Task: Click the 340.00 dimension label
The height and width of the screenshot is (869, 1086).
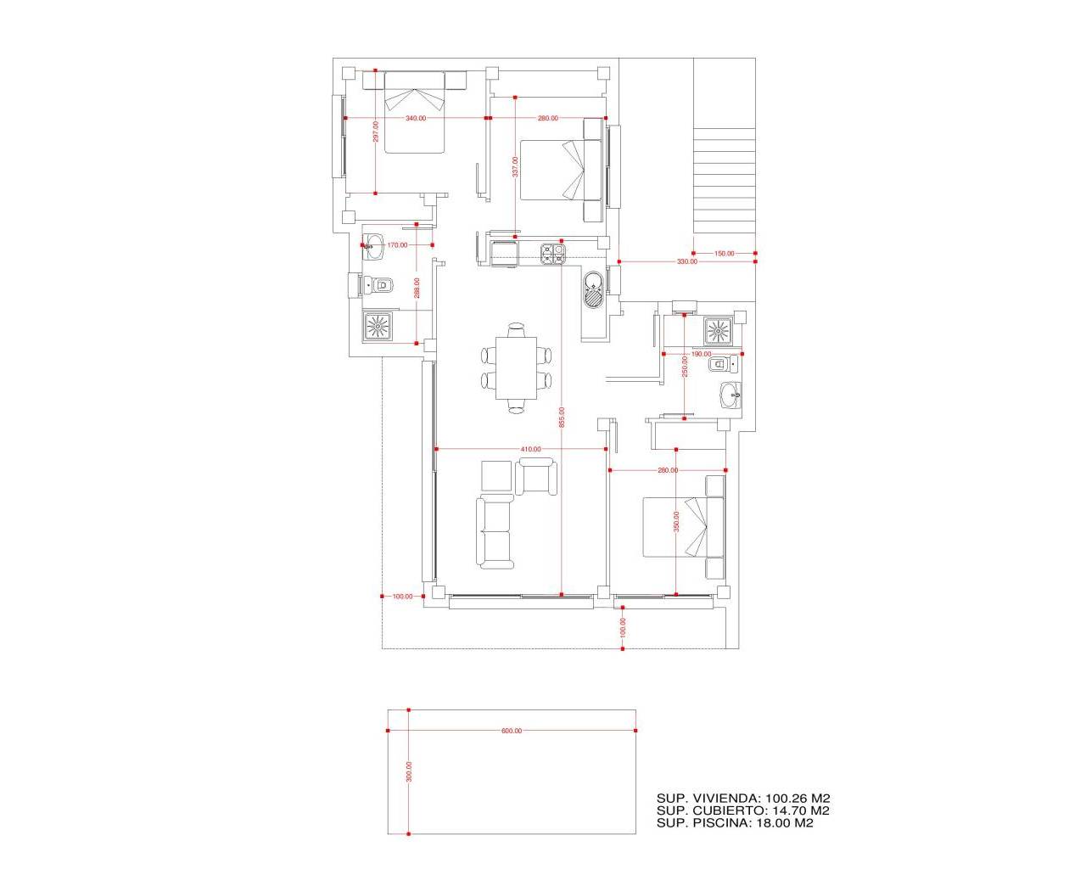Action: click(x=416, y=119)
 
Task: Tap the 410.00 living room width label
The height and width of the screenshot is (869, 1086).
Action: click(x=531, y=449)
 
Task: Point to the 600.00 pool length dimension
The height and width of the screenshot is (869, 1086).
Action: click(x=512, y=731)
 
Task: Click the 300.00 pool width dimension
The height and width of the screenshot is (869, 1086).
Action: click(x=409, y=771)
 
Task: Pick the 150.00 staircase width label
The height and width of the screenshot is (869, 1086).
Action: click(x=724, y=254)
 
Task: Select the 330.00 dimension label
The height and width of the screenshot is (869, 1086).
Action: click(x=686, y=262)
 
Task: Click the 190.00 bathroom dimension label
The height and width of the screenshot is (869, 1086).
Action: click(x=702, y=354)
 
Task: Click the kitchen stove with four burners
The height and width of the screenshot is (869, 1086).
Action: click(x=553, y=254)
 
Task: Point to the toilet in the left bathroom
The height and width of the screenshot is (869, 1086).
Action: click(x=379, y=285)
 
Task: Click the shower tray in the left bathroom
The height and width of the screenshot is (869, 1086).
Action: click(x=378, y=326)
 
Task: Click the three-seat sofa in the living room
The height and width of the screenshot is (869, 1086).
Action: click(x=495, y=532)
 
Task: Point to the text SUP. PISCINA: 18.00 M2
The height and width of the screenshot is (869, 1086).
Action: click(x=735, y=822)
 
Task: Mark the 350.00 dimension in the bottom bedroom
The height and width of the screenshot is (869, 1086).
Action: click(x=676, y=520)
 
